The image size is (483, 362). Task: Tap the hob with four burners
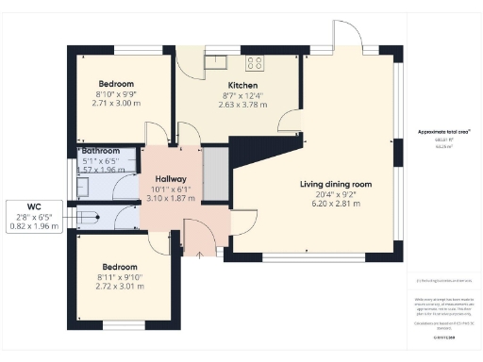point(255,63)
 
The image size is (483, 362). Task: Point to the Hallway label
point(170,179)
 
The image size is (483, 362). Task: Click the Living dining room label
point(337,183)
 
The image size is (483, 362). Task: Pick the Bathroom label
point(101,151)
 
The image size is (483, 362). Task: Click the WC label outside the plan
point(33,206)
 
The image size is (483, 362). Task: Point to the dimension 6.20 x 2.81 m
point(338,204)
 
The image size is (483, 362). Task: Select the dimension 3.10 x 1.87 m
point(171,199)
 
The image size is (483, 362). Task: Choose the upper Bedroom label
point(117,83)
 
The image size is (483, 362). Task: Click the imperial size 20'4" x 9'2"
point(337,193)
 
